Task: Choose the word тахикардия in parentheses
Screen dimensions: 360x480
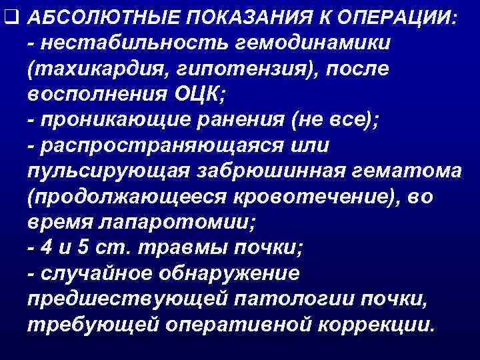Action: (x=85, y=68)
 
